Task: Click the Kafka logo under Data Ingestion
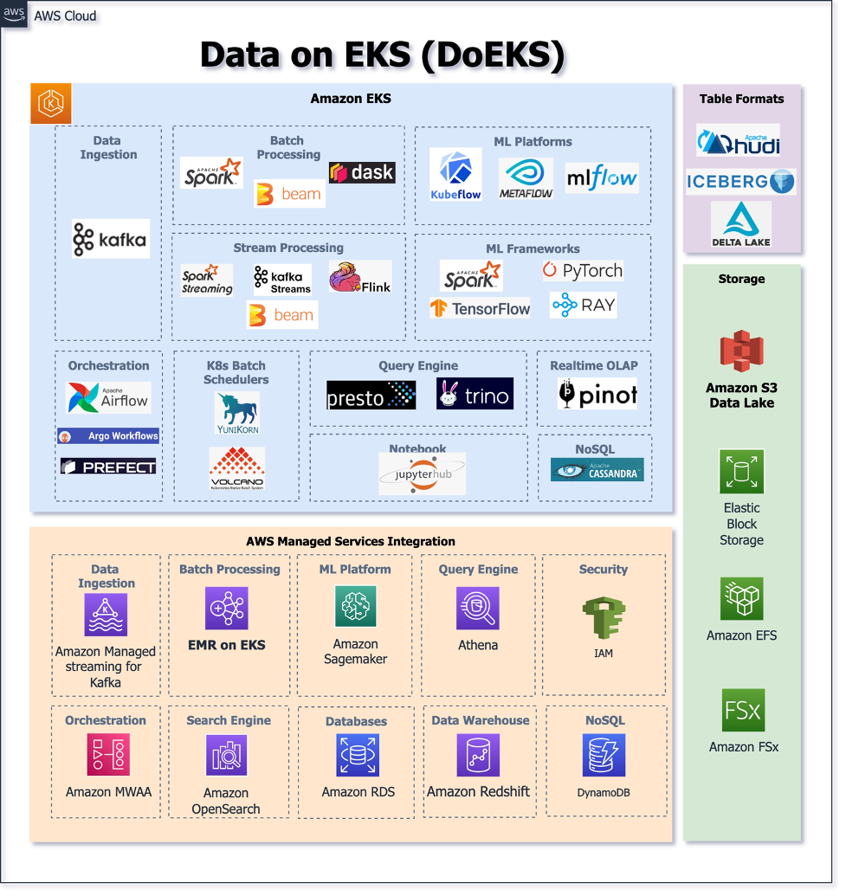click(x=111, y=239)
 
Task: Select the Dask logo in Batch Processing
click(x=362, y=172)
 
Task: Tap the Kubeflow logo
click(x=455, y=175)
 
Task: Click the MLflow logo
click(x=602, y=178)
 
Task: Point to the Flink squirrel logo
click(x=359, y=277)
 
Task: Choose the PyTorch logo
click(x=583, y=271)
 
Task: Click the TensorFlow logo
click(x=480, y=308)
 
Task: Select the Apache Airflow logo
click(x=108, y=398)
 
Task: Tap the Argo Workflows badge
click(x=108, y=436)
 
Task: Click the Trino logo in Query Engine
click(x=475, y=395)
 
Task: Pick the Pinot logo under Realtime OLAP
click(x=597, y=395)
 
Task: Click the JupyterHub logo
click(x=422, y=474)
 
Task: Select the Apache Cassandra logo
click(x=597, y=470)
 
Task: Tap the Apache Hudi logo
click(x=739, y=140)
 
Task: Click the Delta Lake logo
click(x=741, y=224)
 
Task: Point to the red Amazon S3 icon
click(x=740, y=351)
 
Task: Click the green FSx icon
click(x=743, y=711)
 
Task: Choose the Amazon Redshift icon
click(x=478, y=756)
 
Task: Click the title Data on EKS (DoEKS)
click(x=382, y=55)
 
